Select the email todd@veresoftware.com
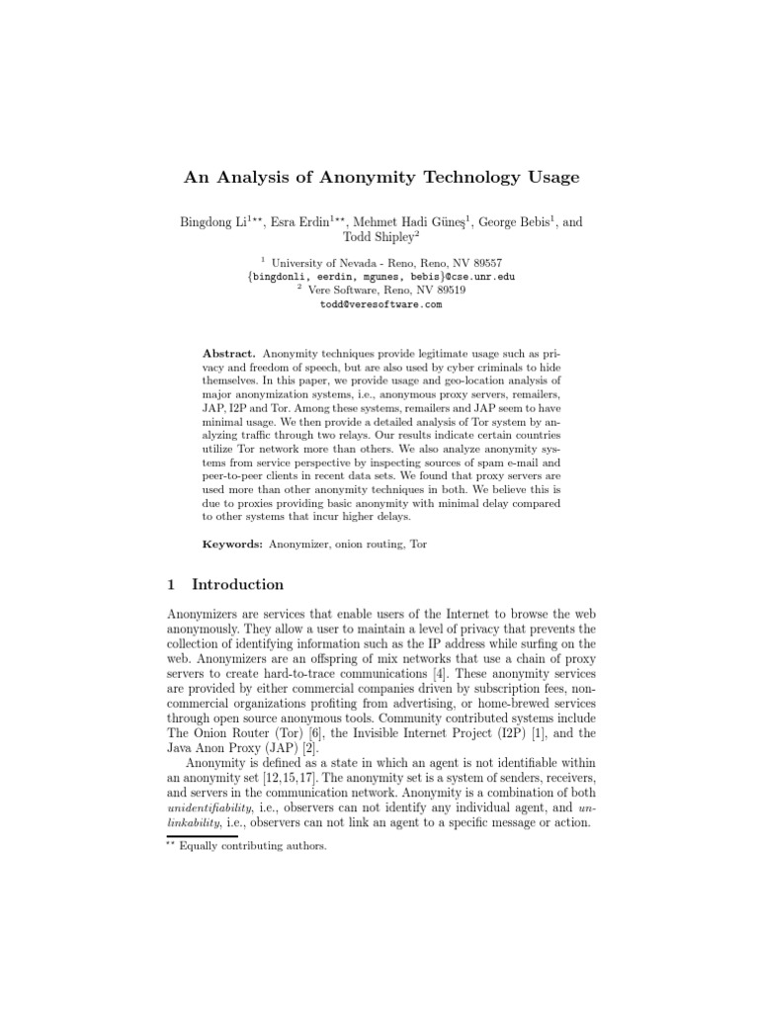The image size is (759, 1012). pos(380,305)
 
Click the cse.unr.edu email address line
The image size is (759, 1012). pos(380,278)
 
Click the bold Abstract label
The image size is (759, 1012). pos(228,353)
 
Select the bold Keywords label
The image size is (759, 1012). pos(231,544)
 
